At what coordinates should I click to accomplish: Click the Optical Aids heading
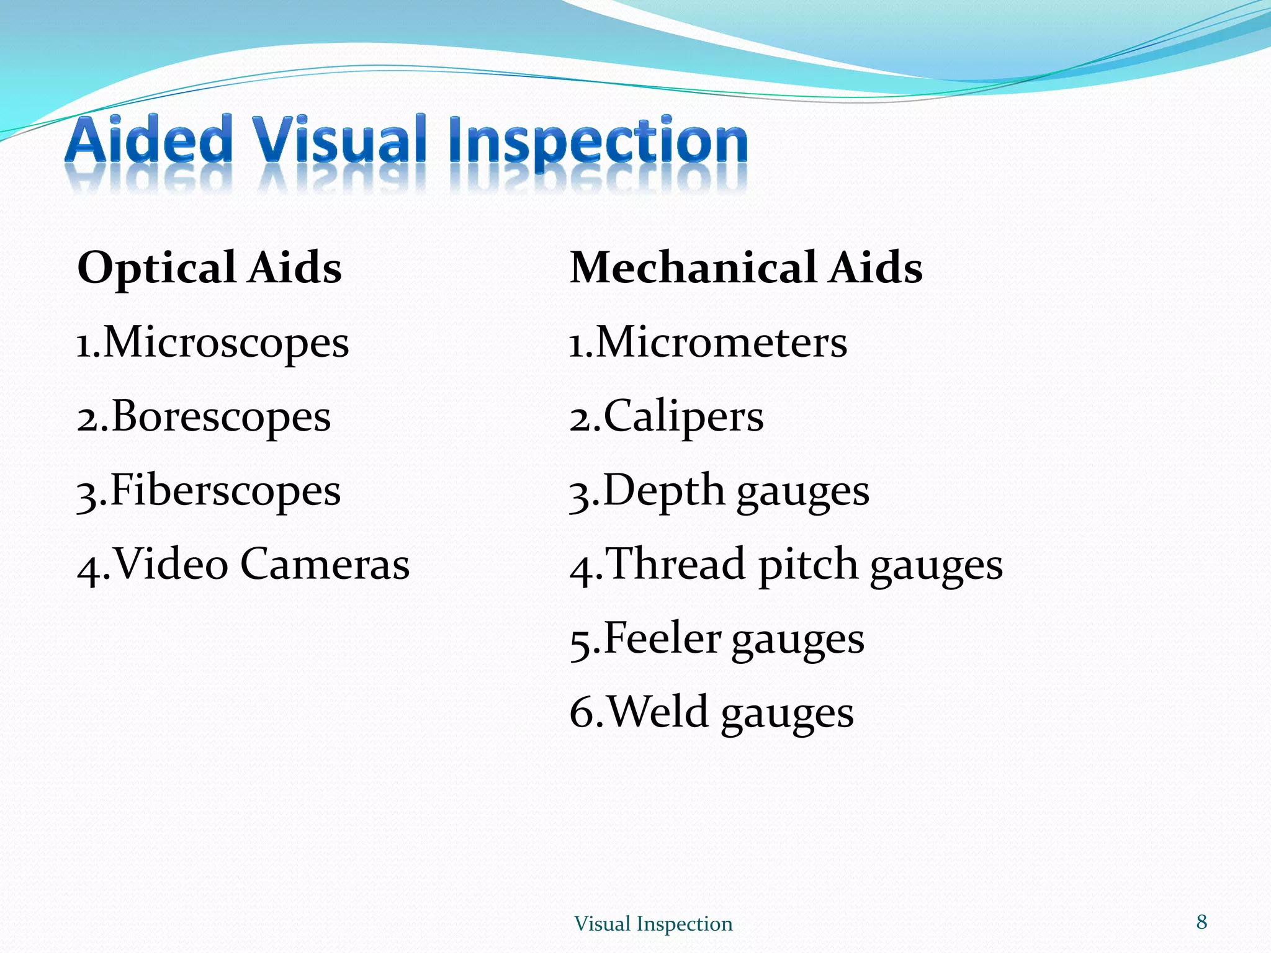point(209,268)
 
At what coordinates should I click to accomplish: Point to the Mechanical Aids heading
point(746,268)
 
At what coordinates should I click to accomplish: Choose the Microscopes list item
point(226,343)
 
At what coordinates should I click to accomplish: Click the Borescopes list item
point(221,417)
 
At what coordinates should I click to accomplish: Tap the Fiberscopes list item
point(225,491)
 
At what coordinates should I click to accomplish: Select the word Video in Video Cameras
point(171,564)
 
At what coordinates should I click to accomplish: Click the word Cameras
point(325,564)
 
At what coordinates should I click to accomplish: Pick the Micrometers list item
point(721,343)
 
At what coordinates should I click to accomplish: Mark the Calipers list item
point(683,417)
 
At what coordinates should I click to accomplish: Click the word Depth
point(663,491)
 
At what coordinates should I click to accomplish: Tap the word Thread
point(675,564)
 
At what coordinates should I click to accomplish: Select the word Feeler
point(662,638)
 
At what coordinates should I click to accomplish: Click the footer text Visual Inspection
point(653,924)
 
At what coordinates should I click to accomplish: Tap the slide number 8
point(1201,922)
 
